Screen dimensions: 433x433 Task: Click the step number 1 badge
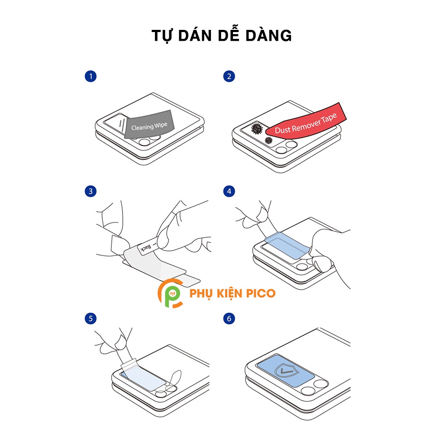[90, 77]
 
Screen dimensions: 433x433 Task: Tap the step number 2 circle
[229, 77]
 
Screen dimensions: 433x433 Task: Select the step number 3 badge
[90, 191]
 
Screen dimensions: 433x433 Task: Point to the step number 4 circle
[229, 191]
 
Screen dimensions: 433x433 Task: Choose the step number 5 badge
[90, 319]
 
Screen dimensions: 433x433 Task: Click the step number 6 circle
[229, 319]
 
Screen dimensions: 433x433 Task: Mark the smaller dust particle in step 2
[268, 140]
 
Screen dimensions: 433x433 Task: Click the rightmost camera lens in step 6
[321, 383]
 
